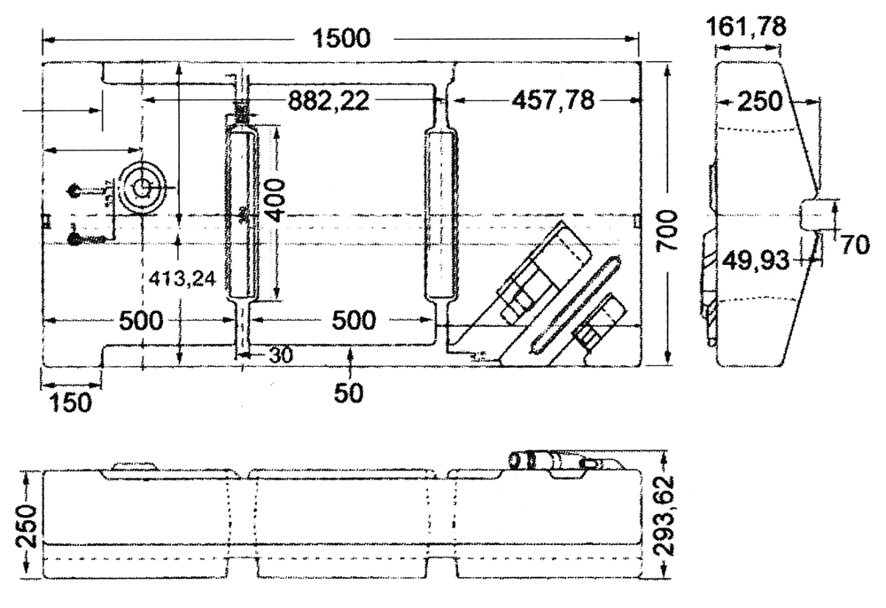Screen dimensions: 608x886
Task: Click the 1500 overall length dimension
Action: (340, 38)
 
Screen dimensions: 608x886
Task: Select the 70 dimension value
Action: (855, 246)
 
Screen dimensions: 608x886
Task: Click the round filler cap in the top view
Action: (142, 188)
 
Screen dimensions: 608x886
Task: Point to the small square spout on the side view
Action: (819, 214)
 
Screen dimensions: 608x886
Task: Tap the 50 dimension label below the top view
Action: (351, 392)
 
